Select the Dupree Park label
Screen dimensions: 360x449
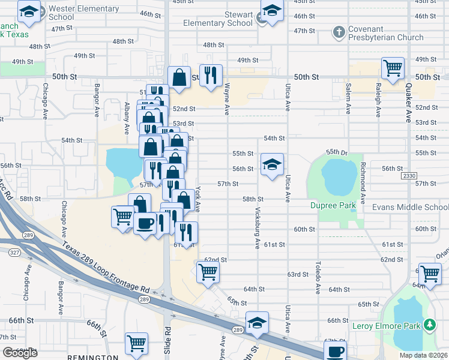tap(333, 206)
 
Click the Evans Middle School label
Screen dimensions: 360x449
tap(410, 207)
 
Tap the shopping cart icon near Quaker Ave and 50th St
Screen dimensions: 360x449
tap(393, 69)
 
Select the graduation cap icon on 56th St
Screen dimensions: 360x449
tap(272, 165)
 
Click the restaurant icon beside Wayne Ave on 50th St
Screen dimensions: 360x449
tap(211, 76)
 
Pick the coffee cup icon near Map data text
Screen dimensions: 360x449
tap(336, 352)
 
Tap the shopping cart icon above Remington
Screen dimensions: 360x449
tap(136, 344)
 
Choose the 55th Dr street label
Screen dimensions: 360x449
tap(337, 152)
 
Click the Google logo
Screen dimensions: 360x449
tap(20, 353)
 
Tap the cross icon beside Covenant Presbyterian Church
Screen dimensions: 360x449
tap(339, 31)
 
